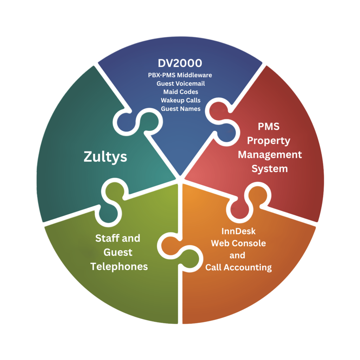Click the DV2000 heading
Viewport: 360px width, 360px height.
click(x=180, y=63)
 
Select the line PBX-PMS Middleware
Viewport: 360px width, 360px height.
click(x=180, y=75)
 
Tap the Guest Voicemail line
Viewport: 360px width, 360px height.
click(x=181, y=84)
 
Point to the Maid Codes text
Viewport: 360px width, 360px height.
click(x=181, y=92)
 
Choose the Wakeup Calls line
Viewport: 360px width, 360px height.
click(x=181, y=100)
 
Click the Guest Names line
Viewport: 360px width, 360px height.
click(x=181, y=109)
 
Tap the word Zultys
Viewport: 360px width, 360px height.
click(x=105, y=157)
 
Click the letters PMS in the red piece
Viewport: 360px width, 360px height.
click(x=269, y=127)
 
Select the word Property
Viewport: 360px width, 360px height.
click(x=269, y=141)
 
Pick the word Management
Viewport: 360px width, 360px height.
click(x=270, y=155)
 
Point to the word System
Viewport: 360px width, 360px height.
click(x=270, y=169)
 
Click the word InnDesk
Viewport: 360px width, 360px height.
click(x=239, y=231)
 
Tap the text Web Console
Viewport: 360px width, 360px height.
click(x=239, y=243)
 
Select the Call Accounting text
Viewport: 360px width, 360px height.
click(x=239, y=268)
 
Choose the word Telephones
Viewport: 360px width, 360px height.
click(x=119, y=266)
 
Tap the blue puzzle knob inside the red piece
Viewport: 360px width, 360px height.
click(x=226, y=133)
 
